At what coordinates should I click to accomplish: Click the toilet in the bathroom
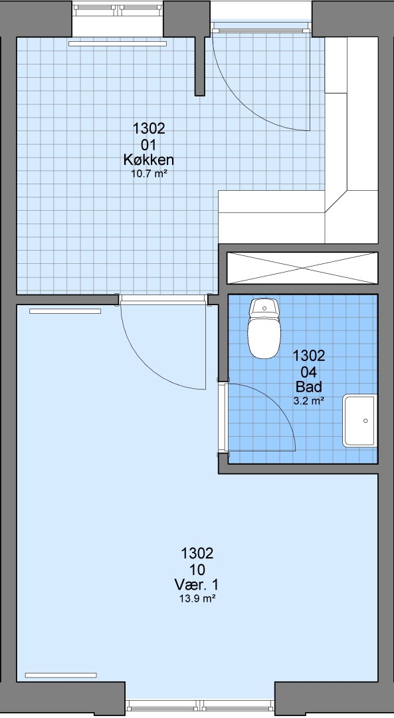[264, 328]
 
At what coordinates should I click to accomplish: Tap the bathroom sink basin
[360, 421]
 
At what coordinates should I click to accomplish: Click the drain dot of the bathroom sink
[365, 421]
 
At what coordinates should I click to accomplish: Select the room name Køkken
[148, 160]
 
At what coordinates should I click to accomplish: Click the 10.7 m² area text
[148, 173]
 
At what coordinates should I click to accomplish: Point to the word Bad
[309, 387]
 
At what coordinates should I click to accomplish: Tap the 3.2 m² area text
[309, 401]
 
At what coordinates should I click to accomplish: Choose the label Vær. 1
[197, 585]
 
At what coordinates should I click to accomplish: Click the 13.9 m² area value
[197, 598]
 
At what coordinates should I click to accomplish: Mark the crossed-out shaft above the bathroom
[302, 268]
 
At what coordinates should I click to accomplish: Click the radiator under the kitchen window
[118, 44]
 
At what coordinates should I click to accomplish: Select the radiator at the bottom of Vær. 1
[61, 675]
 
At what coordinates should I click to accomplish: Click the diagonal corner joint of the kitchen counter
[336, 202]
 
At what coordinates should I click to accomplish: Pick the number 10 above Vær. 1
[197, 570]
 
